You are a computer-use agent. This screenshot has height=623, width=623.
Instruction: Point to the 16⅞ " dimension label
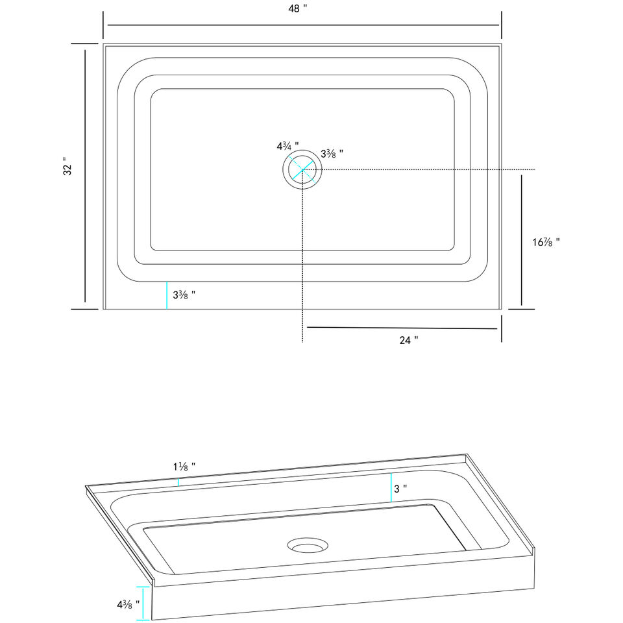click(544, 242)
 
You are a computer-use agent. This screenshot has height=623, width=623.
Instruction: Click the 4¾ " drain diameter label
click(287, 146)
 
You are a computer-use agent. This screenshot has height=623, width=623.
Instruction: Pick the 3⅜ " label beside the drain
click(332, 154)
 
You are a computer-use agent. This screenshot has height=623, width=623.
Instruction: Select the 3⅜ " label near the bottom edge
click(184, 295)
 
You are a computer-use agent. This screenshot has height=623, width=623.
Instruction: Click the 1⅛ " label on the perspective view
click(184, 467)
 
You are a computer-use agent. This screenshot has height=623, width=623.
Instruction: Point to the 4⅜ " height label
click(128, 604)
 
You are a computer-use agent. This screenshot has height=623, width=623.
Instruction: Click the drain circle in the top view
click(302, 170)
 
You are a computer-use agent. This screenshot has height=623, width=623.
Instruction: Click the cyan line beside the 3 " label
click(391, 488)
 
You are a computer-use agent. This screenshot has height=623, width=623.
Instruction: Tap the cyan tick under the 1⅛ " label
click(178, 482)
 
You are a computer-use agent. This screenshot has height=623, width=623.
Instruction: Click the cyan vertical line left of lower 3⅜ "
click(167, 296)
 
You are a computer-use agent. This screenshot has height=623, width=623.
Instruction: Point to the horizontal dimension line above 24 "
click(402, 328)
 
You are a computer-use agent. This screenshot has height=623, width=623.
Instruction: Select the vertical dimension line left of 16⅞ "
click(522, 239)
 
